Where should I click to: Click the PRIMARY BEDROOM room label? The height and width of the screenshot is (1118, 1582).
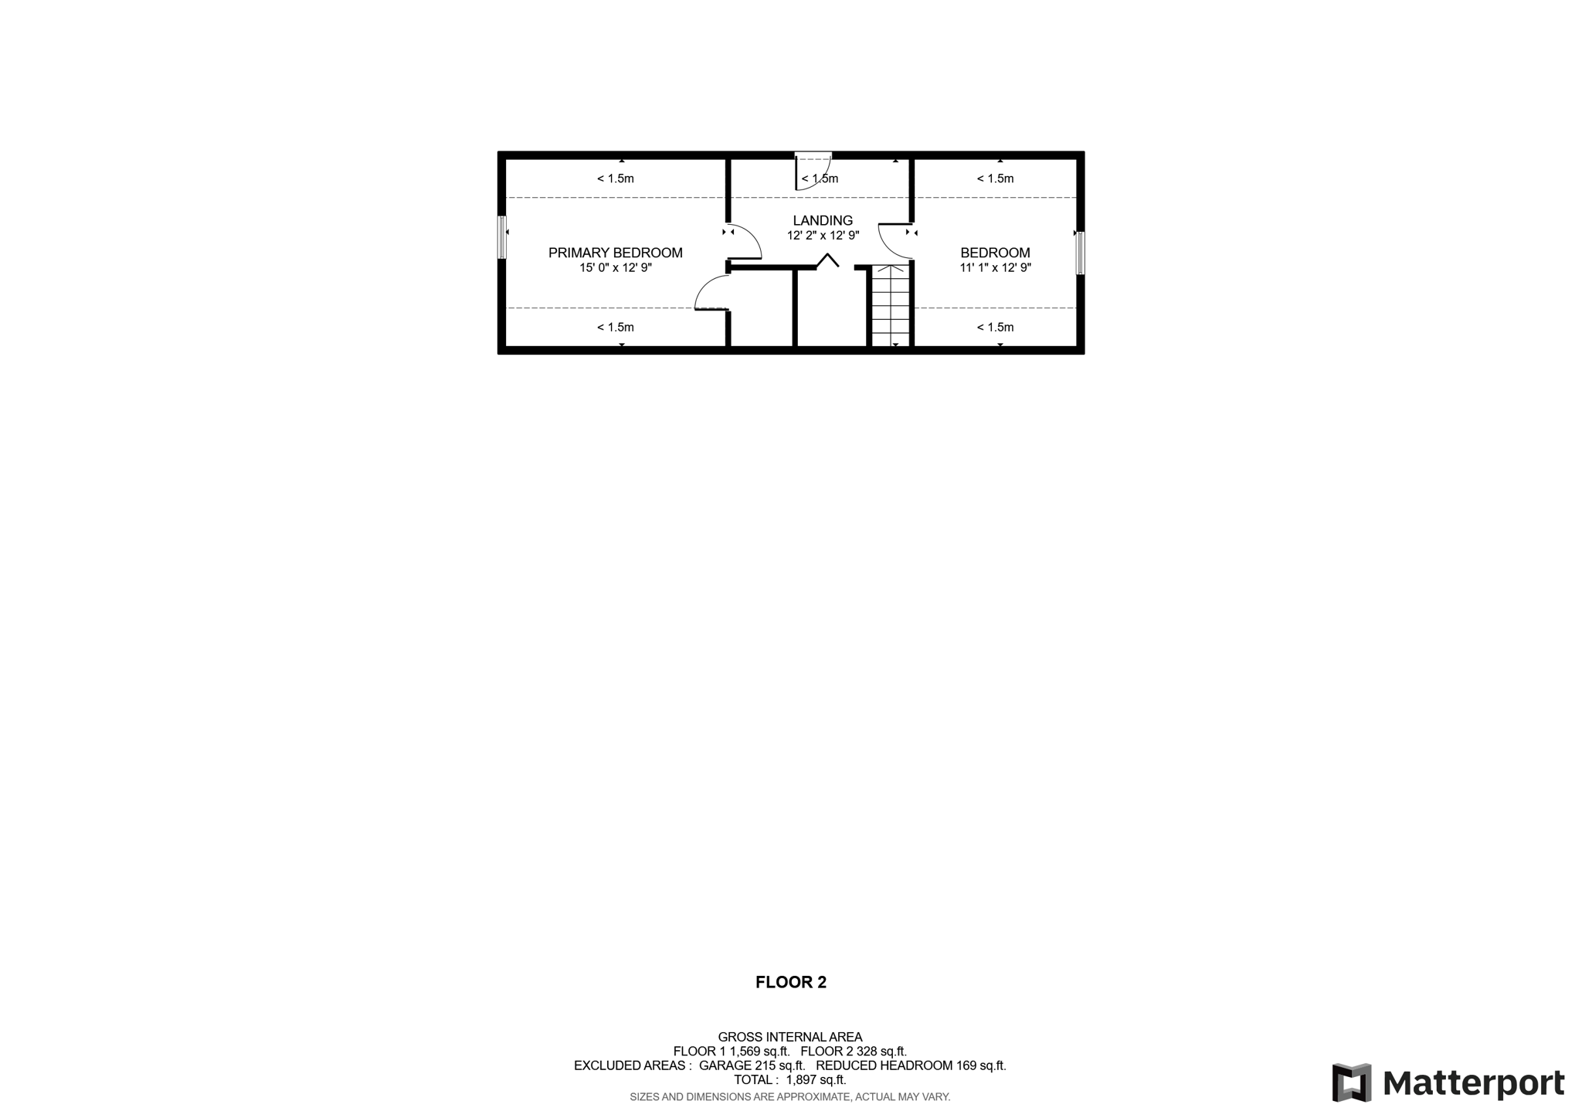click(x=616, y=253)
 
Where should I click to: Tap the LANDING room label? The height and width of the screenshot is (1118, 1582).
click(x=823, y=221)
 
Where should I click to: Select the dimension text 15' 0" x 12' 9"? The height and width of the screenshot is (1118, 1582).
click(x=616, y=268)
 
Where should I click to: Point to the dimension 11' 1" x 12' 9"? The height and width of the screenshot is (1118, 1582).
click(x=995, y=268)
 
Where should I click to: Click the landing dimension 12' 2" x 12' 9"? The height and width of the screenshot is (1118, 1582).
click(x=823, y=236)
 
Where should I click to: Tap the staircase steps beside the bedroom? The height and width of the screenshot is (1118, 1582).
click(x=891, y=305)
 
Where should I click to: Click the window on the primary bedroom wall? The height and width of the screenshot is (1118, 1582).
click(x=502, y=237)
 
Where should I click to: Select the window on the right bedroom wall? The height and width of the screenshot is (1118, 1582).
click(x=1080, y=253)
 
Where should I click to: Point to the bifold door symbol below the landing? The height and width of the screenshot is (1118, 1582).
click(x=828, y=260)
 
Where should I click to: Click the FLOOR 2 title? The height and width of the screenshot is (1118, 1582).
click(x=791, y=982)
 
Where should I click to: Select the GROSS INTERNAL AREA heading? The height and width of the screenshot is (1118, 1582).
click(x=790, y=1037)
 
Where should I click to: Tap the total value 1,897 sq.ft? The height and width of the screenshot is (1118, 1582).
click(x=816, y=1080)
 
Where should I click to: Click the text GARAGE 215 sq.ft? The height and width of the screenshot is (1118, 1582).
click(x=752, y=1065)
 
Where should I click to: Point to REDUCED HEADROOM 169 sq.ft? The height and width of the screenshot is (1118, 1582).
click(x=911, y=1065)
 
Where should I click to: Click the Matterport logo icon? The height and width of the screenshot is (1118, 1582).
click(x=1352, y=1082)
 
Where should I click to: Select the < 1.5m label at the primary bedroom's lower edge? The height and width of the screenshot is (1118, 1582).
click(x=616, y=328)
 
